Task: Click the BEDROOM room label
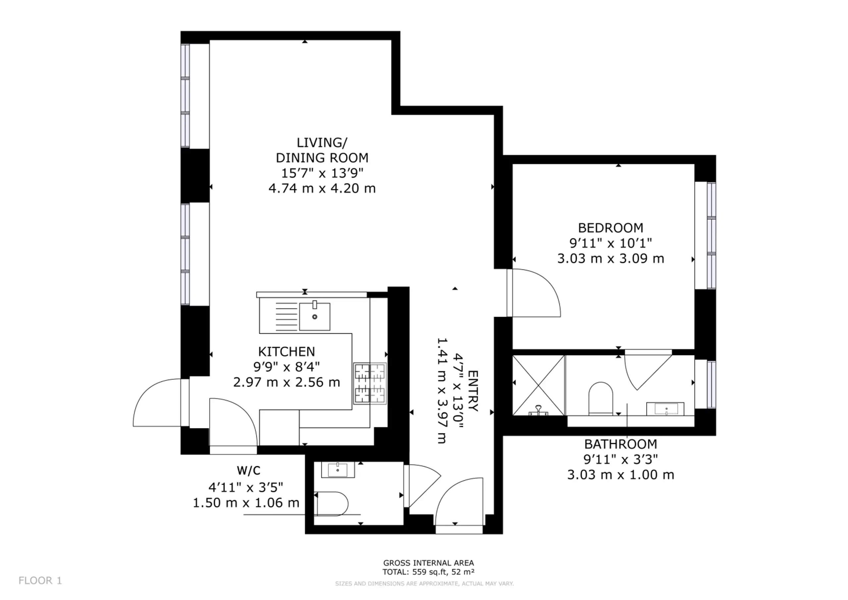pyautogui.click(x=610, y=228)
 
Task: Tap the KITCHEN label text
pyautogui.click(x=287, y=352)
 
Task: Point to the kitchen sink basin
pyautogui.click(x=314, y=316)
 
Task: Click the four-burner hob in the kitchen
pyautogui.click(x=370, y=384)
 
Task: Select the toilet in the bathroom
pyautogui.click(x=601, y=399)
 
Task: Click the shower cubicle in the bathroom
pyautogui.click(x=539, y=385)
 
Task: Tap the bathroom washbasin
pyautogui.click(x=665, y=409)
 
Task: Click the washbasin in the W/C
pyautogui.click(x=338, y=469)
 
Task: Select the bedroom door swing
pyautogui.click(x=534, y=293)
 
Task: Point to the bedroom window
pyautogui.click(x=711, y=235)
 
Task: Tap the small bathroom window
pyautogui.click(x=711, y=385)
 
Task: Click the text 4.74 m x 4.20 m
pyautogui.click(x=322, y=189)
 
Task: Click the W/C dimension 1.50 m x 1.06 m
pyautogui.click(x=246, y=503)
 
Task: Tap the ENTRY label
pyautogui.click(x=473, y=391)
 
